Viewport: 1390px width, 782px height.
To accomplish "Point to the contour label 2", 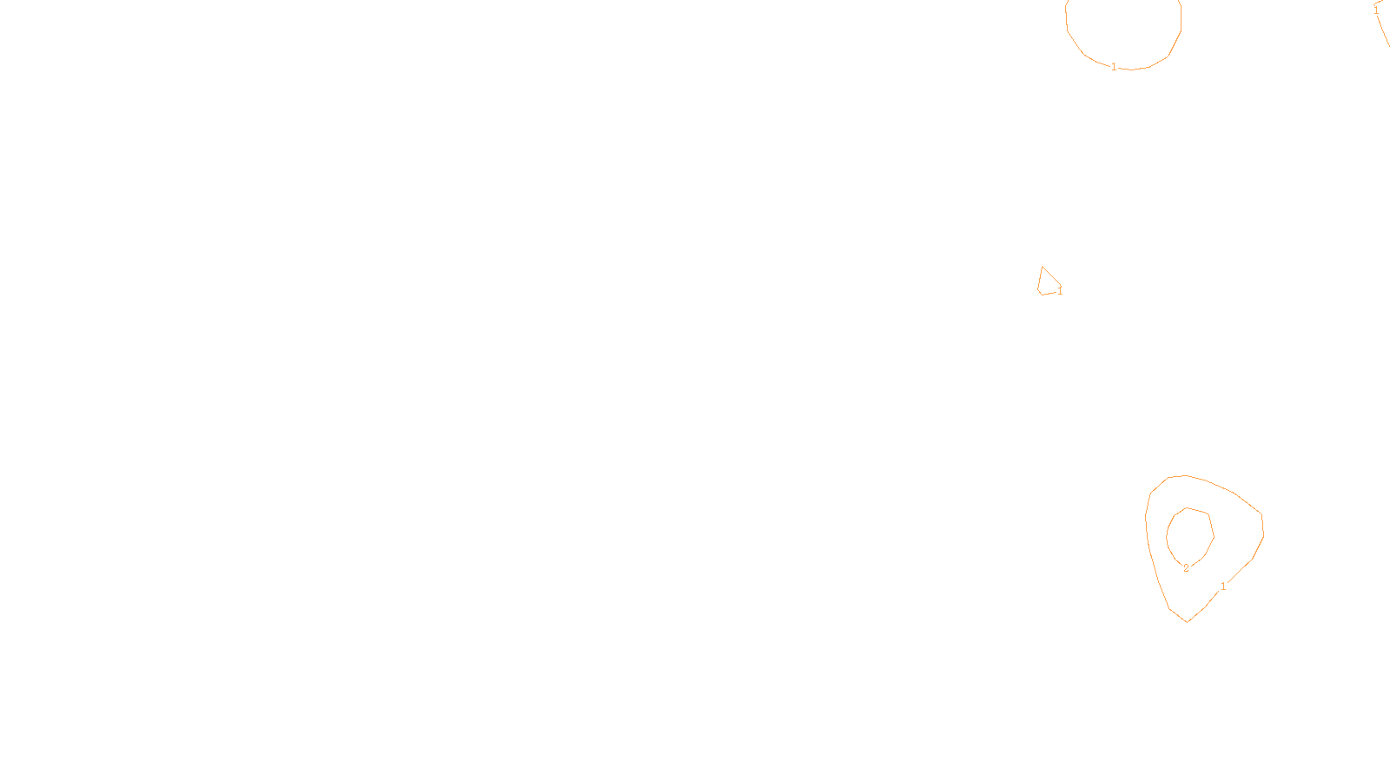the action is coord(1186,568).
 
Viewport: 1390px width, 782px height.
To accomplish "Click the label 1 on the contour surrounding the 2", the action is coord(1223,586).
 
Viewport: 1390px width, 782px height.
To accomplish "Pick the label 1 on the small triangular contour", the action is coord(1060,291).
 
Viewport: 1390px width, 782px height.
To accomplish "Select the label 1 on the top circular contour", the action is coord(1114,67).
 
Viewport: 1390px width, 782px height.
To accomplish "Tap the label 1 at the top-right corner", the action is coord(1376,10).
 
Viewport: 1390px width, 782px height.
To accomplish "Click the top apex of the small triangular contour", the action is coord(1042,267).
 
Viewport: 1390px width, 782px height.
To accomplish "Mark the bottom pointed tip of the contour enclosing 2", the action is coord(1187,621).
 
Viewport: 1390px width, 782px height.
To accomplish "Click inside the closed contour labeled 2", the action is coord(1189,534).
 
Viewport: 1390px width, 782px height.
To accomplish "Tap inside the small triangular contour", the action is coord(1047,283).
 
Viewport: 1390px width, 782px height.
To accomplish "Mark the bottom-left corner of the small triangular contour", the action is coord(1041,294).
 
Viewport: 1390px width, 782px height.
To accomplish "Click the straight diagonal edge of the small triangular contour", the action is coord(1051,275).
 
